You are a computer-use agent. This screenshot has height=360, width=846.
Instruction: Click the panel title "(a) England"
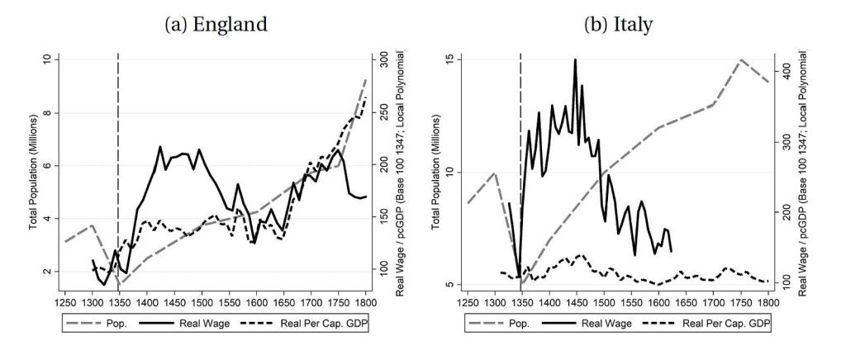(x=216, y=24)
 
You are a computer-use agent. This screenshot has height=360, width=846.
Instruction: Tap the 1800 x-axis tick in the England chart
(x=366, y=303)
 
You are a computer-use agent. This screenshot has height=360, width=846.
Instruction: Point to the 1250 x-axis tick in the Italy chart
(x=468, y=303)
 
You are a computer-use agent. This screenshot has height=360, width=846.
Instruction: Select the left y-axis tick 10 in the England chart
(x=46, y=59)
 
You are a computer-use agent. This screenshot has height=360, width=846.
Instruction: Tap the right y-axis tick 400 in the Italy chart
(x=786, y=72)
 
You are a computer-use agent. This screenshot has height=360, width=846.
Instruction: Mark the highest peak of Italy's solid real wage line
(x=575, y=59)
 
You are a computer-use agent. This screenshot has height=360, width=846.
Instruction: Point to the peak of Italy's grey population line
(x=741, y=59)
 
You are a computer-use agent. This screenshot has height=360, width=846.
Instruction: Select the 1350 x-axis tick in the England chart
(x=119, y=303)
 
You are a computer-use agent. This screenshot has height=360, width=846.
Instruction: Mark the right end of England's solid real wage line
(x=366, y=197)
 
